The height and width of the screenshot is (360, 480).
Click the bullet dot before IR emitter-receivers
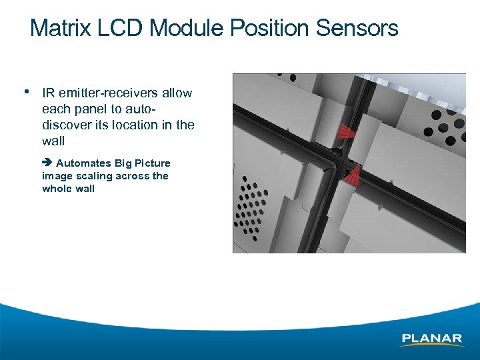pos(25,91)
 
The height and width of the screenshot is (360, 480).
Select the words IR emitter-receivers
pos(101,93)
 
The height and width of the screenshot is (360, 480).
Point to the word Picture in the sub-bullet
pos(153,163)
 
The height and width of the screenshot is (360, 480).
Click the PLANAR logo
pos(431,339)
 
